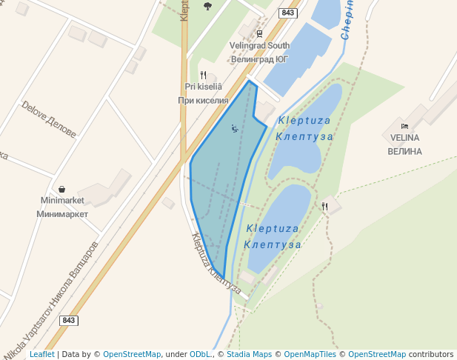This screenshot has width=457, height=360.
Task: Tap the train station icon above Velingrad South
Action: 259,33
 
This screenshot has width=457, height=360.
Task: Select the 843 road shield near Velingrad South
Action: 288,13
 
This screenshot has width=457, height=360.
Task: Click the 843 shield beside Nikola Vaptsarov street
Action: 68,320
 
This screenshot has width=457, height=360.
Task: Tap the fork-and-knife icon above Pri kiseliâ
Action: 203,75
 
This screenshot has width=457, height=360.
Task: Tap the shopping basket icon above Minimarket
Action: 61,189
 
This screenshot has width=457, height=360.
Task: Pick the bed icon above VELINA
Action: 404,126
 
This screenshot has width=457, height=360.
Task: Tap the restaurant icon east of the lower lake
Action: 324,206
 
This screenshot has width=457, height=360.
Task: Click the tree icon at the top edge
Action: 207,6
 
